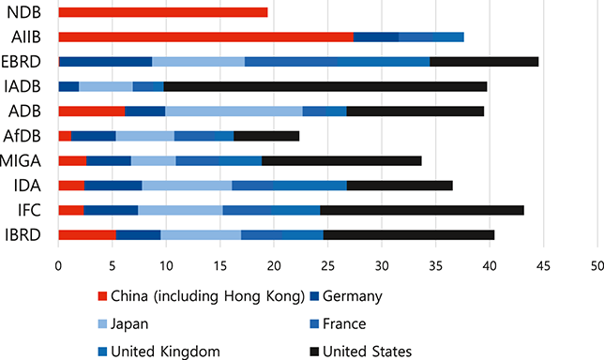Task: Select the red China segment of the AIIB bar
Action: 205,37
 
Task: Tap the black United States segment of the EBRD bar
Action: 484,62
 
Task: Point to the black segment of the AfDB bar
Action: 266,136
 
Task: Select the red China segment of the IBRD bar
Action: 86,234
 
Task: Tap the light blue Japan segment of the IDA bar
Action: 187,186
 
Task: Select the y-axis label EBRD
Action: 21,62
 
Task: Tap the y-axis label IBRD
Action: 22,234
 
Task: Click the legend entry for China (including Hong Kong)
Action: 200,297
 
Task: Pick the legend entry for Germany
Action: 350,297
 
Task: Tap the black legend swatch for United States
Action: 314,351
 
